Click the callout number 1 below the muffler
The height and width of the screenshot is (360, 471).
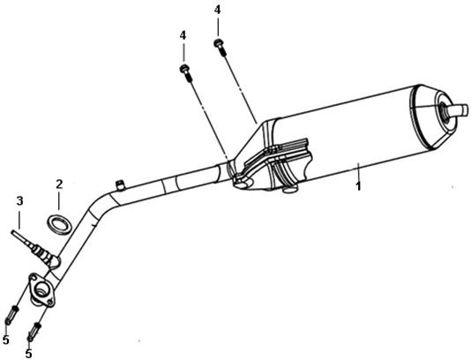click(358, 185)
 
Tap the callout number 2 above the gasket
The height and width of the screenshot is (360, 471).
click(59, 184)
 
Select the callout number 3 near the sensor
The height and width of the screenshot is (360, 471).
click(19, 201)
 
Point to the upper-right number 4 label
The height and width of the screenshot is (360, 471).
click(217, 10)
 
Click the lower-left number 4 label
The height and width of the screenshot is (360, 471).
click(183, 36)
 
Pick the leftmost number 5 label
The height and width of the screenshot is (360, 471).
click(5, 341)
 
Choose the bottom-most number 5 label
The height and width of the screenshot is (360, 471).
click(28, 354)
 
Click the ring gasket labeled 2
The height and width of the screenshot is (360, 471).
click(59, 225)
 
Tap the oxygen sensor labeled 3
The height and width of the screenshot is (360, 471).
click(34, 248)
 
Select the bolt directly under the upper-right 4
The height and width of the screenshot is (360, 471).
click(220, 47)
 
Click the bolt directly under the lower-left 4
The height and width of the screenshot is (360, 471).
click(185, 73)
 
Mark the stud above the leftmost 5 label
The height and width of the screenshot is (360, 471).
click(11, 315)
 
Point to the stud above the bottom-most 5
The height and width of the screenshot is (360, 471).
click(34, 332)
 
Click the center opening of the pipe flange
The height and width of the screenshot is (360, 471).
click(41, 290)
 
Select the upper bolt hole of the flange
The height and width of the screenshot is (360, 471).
click(33, 279)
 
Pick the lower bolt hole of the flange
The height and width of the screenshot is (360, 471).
click(51, 301)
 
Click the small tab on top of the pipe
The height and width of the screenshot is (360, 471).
click(120, 185)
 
